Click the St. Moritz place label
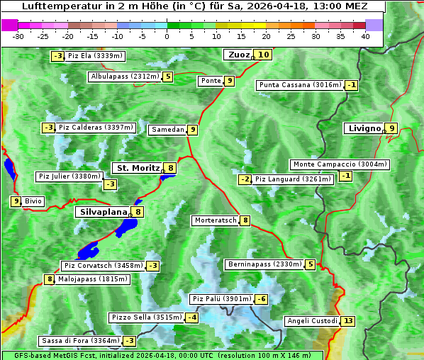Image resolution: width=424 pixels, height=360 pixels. [x=137, y=168]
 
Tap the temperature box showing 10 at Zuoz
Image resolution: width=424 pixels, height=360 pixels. [x=264, y=55]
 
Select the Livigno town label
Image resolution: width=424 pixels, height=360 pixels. [x=364, y=128]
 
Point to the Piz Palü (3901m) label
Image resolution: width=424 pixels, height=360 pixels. [x=222, y=299]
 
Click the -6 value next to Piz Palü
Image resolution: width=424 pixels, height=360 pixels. [x=262, y=299]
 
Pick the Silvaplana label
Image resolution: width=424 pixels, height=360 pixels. [x=103, y=211]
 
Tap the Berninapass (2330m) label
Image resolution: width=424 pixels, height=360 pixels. [x=264, y=264]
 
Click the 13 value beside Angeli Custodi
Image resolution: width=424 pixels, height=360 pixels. [x=347, y=321]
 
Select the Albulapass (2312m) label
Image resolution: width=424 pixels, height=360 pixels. [x=125, y=77]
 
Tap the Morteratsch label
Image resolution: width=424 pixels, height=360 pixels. [x=216, y=220]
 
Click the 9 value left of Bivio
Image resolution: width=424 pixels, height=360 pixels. [x=16, y=201]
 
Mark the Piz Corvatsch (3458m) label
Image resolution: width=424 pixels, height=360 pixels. [x=103, y=266]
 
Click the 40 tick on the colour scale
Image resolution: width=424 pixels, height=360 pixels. [x=365, y=36]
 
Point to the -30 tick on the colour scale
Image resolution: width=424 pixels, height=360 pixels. [x=18, y=36]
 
